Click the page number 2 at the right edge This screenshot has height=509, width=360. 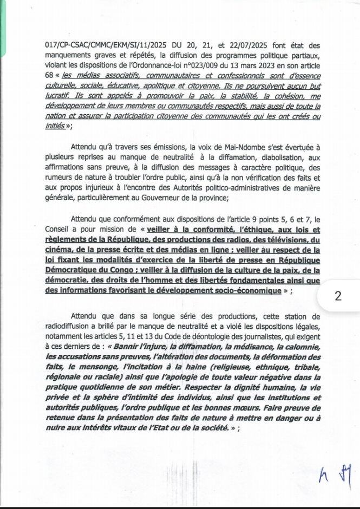tap(338, 296)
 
